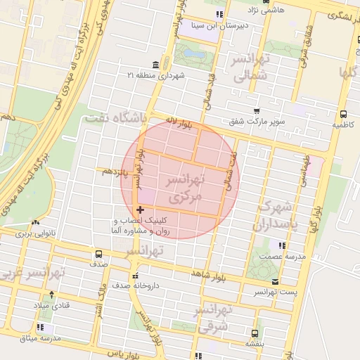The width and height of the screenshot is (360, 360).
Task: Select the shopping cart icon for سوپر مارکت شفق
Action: [x=257, y=111]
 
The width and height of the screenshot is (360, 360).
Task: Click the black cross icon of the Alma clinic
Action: [x=140, y=209]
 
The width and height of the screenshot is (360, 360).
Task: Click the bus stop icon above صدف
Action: [x=98, y=254]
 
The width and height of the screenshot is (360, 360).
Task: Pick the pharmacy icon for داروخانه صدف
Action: [x=135, y=275]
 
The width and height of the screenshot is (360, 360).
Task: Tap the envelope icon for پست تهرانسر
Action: [x=275, y=282]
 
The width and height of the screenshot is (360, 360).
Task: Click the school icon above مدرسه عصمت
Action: [x=282, y=245]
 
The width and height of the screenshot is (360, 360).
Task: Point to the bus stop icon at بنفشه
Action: [x=253, y=334]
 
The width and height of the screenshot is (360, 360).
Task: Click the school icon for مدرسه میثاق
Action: [x=40, y=327]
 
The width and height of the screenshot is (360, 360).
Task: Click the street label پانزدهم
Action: [x=114, y=171]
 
